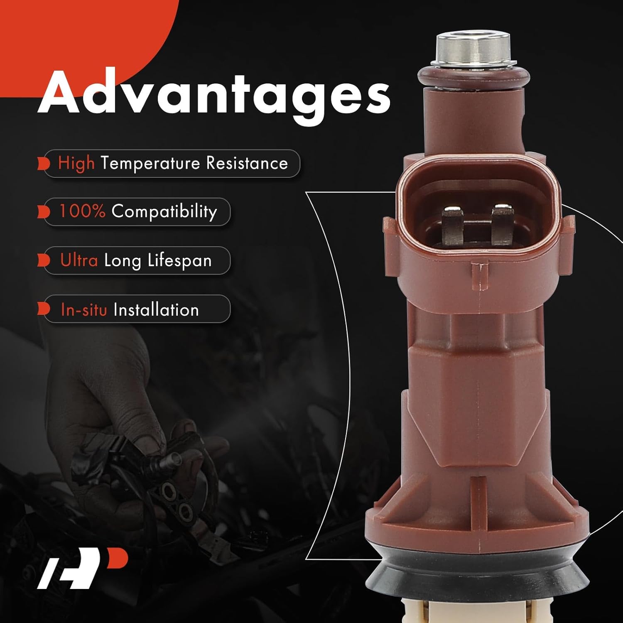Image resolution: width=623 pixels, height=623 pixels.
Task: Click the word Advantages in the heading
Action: click(x=214, y=95)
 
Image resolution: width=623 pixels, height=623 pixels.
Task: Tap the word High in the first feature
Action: click(x=76, y=163)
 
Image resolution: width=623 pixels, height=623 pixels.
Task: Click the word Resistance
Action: click(x=247, y=163)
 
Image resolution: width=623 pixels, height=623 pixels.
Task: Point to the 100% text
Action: click(x=82, y=211)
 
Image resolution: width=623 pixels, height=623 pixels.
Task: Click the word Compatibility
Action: click(x=164, y=212)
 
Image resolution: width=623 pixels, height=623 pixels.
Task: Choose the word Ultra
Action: click(x=79, y=260)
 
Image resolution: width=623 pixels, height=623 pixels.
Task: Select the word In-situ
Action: click(x=84, y=310)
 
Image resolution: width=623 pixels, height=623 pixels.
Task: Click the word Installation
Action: click(x=156, y=310)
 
